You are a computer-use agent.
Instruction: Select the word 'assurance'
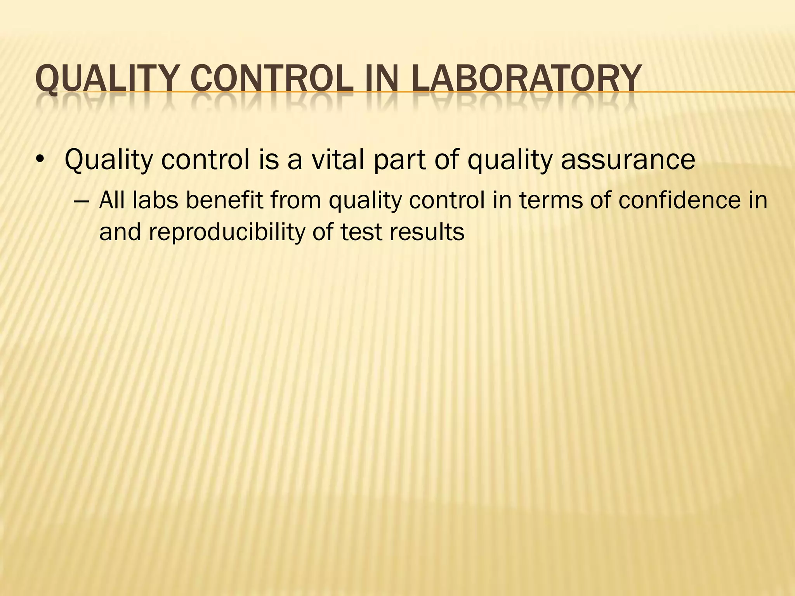coord(628,160)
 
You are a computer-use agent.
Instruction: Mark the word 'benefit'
coord(224,200)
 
